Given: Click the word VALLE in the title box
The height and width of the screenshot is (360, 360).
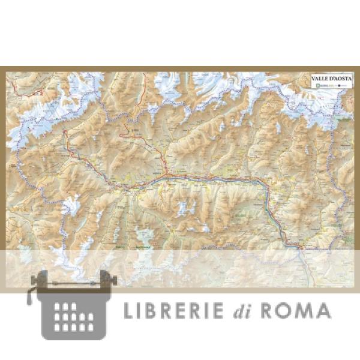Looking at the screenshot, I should [x=319, y=78].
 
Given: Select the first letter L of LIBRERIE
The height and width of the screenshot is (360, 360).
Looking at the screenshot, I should [x=128, y=310].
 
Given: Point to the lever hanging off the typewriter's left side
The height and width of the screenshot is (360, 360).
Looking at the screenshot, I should [x=30, y=296].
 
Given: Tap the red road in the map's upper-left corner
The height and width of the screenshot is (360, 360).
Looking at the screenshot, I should [x=36, y=93].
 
